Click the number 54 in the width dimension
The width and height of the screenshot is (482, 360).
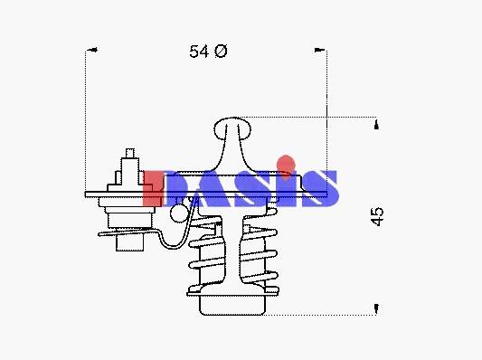(199, 52)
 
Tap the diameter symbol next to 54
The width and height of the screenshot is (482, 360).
(221, 51)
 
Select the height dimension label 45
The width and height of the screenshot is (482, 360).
(377, 217)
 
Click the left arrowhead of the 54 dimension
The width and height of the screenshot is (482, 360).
(92, 50)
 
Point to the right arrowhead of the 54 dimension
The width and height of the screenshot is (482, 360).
(320, 50)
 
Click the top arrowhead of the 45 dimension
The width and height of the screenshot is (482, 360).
(376, 125)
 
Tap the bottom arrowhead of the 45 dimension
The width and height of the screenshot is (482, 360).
(376, 308)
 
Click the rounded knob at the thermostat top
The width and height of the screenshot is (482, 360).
(232, 128)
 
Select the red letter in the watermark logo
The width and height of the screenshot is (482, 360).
(153, 188)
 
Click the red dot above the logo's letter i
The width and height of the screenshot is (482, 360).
(286, 164)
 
